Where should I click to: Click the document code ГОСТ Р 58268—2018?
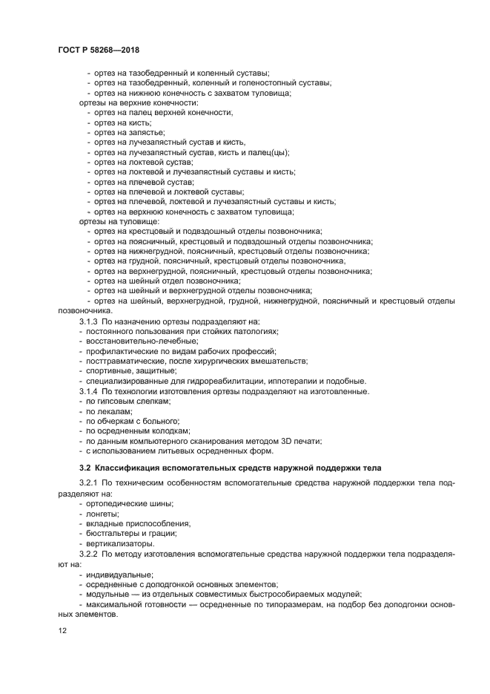[x=99, y=50]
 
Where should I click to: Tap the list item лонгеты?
[x=103, y=514]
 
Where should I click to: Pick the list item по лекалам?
[x=109, y=410]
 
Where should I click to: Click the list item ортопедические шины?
[x=130, y=503]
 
